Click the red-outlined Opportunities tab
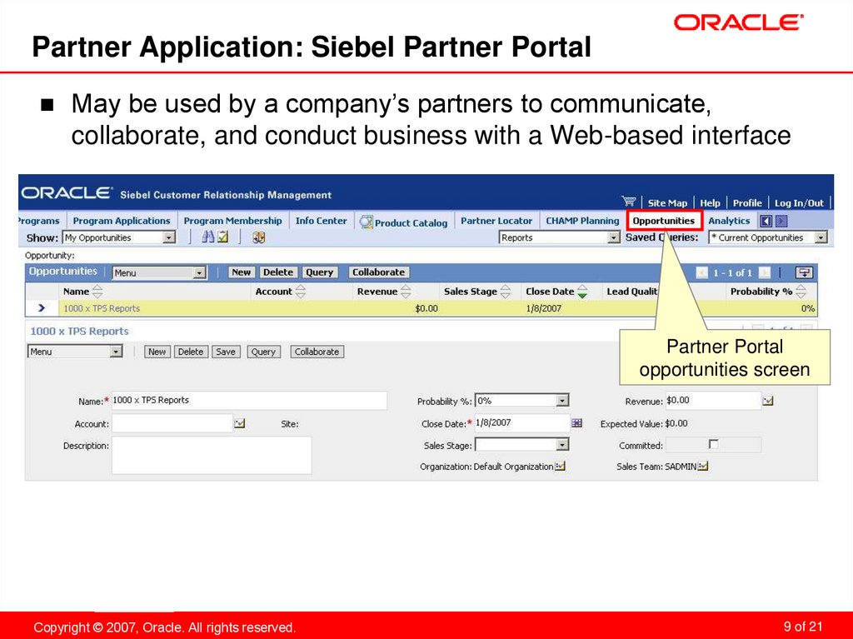pyautogui.click(x=663, y=221)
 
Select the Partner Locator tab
pyautogui.click(x=496, y=221)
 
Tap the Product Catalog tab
pyautogui.click(x=411, y=222)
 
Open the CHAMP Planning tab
pyautogui.click(x=582, y=221)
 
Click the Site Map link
pyautogui.click(x=667, y=202)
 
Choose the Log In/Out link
pyautogui.click(x=799, y=202)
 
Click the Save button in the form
pyautogui.click(x=225, y=352)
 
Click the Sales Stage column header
pyautogui.click(x=471, y=292)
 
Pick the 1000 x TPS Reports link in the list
pyautogui.click(x=102, y=308)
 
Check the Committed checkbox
pyautogui.click(x=713, y=444)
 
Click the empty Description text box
pyautogui.click(x=212, y=455)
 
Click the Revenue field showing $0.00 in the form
pyautogui.click(x=713, y=401)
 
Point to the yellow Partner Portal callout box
pyautogui.click(x=725, y=357)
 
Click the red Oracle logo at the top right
pyautogui.click(x=739, y=22)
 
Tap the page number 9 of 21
pyautogui.click(x=803, y=627)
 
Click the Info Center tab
pyautogui.click(x=321, y=221)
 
